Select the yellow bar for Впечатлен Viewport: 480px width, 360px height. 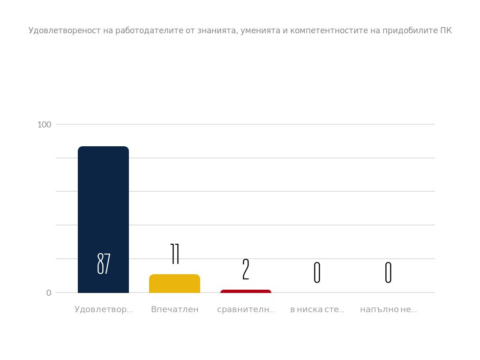point(174,284)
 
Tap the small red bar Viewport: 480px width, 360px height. point(246,292)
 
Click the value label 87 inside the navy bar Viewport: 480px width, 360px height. point(104,264)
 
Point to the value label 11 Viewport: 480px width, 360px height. point(175,254)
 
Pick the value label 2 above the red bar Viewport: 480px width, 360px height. point(246,270)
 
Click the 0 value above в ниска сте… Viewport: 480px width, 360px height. point(317,272)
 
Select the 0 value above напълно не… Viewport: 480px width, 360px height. point(388,272)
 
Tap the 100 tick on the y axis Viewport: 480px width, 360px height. point(44,125)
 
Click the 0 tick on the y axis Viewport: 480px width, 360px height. point(49,293)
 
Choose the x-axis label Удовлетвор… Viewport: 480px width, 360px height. point(103,309)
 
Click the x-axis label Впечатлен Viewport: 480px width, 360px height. point(175,309)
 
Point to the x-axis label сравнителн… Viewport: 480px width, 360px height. point(246,309)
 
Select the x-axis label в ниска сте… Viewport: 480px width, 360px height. point(317,309)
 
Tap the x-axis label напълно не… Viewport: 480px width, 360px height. point(388,309)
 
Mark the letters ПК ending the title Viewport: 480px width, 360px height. point(446,31)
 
